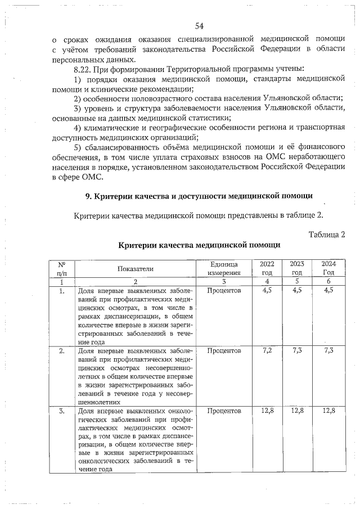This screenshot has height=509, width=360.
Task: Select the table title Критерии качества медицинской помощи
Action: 199,246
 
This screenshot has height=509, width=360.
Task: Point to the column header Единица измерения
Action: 223,268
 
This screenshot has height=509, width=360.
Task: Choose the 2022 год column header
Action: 267,268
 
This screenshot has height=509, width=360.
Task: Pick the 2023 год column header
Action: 297,268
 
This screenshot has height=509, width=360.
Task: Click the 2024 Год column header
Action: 327,268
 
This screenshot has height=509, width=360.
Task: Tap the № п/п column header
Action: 62,268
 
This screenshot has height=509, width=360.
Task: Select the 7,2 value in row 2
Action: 267,350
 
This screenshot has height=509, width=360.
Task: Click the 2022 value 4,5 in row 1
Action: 267,290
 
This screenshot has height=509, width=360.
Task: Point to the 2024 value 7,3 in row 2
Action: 328,350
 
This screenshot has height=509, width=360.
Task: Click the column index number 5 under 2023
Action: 297,281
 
